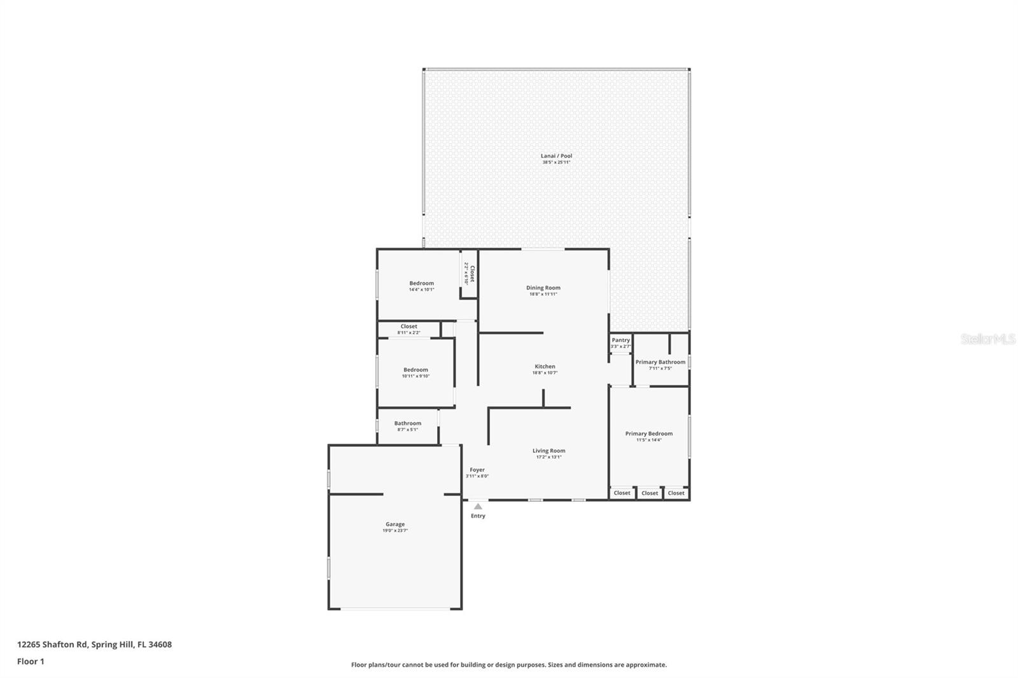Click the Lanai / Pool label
tap(556, 156)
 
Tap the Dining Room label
tap(543, 287)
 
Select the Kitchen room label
tap(545, 366)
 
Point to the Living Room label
tap(548, 451)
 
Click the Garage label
tap(394, 524)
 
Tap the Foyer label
tap(477, 470)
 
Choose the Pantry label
tap(620, 340)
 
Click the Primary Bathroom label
tap(660, 362)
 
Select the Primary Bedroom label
tap(648, 434)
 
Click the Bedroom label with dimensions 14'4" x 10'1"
tap(421, 284)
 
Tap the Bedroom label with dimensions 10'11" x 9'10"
tap(415, 370)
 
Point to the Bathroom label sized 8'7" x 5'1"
tap(407, 423)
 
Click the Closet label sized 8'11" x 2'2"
tap(408, 326)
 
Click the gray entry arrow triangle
tap(478, 506)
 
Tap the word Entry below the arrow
tap(478, 516)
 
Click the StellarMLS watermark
tap(987, 339)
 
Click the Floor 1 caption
tap(31, 661)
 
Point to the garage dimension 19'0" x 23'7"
tap(394, 530)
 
